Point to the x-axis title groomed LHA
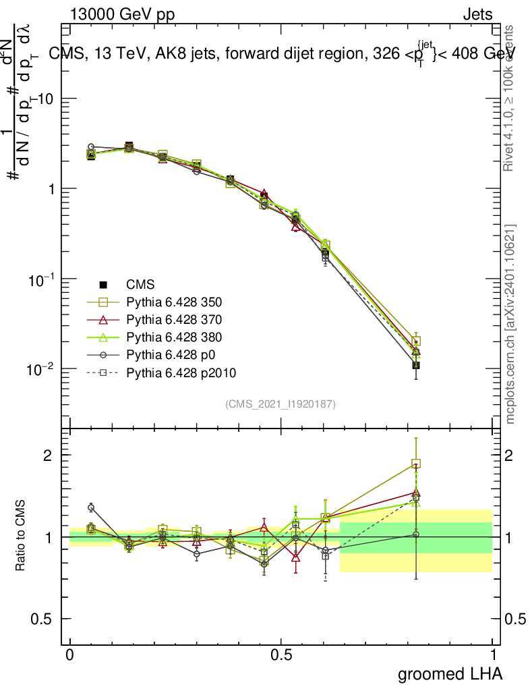click(450, 673)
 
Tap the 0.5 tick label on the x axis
click(281, 655)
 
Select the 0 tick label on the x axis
click(70, 655)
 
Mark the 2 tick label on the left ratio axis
click(48, 455)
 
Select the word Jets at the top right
click(477, 14)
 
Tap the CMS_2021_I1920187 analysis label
click(281, 404)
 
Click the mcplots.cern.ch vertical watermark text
click(510, 324)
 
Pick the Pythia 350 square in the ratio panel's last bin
click(416, 464)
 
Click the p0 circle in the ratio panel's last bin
click(416, 534)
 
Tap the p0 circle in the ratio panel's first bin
click(91, 507)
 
